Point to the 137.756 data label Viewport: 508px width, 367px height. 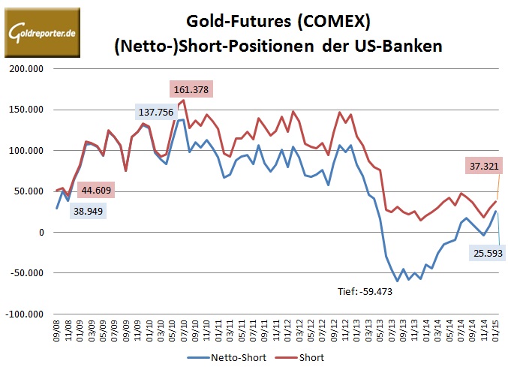point(161,112)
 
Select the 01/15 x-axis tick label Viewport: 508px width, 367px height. point(495,329)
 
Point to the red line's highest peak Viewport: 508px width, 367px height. point(184,100)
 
